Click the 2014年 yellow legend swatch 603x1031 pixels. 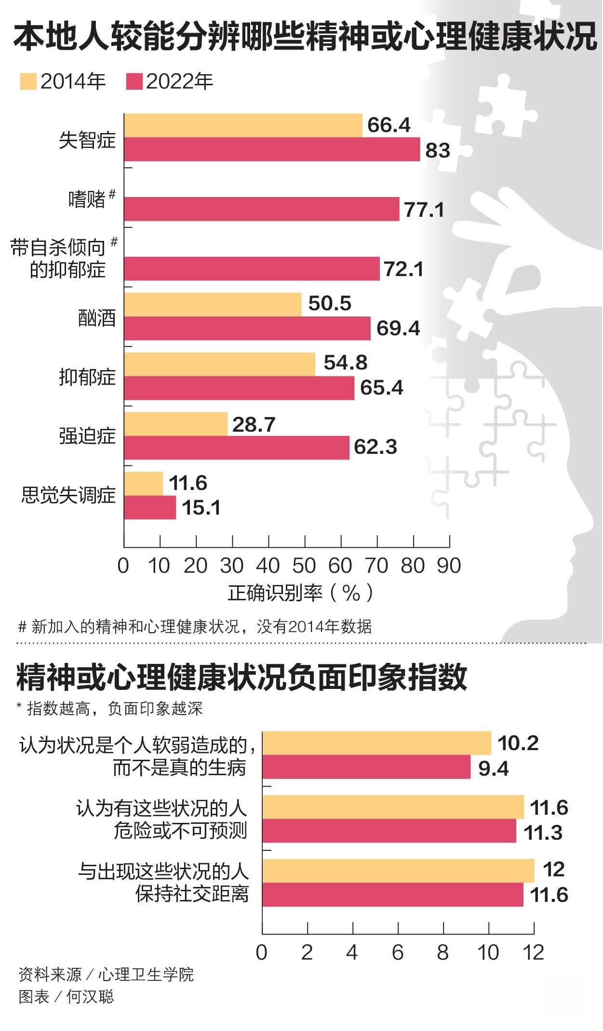(x=28, y=81)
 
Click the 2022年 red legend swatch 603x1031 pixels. (x=134, y=81)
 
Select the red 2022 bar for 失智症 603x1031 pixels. (x=272, y=149)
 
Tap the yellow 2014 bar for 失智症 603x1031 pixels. (x=243, y=125)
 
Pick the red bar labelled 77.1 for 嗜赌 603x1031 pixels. (x=261, y=209)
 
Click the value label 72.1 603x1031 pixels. (x=403, y=269)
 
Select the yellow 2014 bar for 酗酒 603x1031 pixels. (x=213, y=304)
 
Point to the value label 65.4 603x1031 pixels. (x=381, y=388)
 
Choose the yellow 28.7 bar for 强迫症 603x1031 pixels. (x=175, y=424)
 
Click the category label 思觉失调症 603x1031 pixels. (x=68, y=495)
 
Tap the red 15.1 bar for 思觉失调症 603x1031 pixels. (x=150, y=508)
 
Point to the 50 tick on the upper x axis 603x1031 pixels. (x=304, y=566)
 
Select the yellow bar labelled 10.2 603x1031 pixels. (x=376, y=743)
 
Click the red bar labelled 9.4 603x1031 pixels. (x=366, y=767)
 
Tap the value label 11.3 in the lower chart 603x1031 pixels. (x=543, y=833)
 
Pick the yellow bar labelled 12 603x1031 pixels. (x=398, y=871)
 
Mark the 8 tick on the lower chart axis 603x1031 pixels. (x=443, y=952)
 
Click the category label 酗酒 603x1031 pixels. (x=97, y=318)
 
